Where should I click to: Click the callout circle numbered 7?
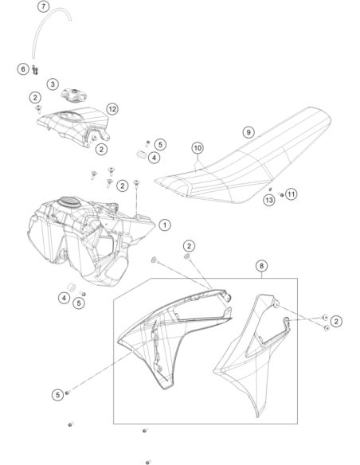(44, 6)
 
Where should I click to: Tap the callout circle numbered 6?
(23, 69)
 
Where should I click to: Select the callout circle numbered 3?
(53, 84)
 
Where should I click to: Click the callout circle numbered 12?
(112, 109)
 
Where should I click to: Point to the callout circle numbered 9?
(248, 132)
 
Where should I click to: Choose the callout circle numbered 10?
(198, 147)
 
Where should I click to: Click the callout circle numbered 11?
(292, 194)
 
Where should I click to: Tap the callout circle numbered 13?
(269, 200)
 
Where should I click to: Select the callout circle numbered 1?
(165, 225)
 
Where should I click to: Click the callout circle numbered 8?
(261, 266)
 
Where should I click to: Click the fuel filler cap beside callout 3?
(74, 95)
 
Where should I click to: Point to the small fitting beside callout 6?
(35, 70)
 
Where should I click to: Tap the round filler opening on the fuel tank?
(69, 201)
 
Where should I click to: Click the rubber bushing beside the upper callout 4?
(142, 154)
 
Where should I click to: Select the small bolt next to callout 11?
(280, 194)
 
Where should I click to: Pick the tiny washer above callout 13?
(270, 190)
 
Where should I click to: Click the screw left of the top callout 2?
(38, 109)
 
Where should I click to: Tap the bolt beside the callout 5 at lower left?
(68, 393)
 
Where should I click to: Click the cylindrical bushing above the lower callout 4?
(72, 287)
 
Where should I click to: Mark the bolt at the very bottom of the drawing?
(148, 462)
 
